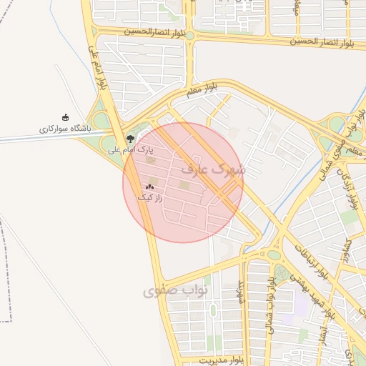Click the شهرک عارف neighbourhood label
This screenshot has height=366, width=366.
[x=213, y=170]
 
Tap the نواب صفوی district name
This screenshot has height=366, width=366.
[x=175, y=291]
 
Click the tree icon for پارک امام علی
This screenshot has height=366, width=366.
[x=129, y=139]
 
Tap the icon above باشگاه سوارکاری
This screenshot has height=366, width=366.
[x=66, y=118]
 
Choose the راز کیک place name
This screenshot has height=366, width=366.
[x=149, y=197]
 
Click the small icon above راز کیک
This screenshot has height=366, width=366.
[x=149, y=187]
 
